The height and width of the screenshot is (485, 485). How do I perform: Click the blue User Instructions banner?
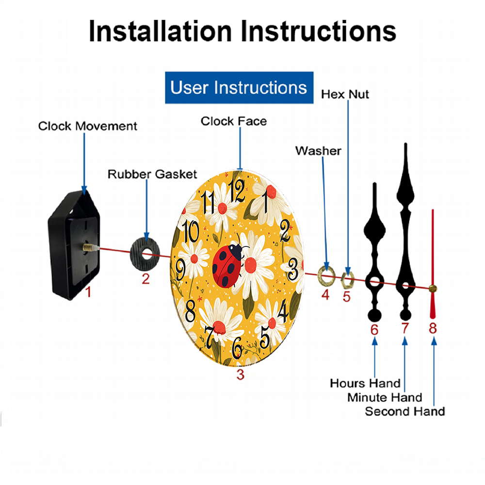(x=239, y=87)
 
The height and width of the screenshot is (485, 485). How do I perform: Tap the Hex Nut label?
(x=345, y=95)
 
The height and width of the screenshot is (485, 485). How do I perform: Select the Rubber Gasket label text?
(x=152, y=174)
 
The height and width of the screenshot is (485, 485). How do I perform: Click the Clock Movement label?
(x=87, y=126)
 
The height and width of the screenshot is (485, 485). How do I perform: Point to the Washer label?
(x=318, y=151)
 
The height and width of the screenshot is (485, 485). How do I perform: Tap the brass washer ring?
(x=326, y=275)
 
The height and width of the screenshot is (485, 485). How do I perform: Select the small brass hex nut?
(x=347, y=280)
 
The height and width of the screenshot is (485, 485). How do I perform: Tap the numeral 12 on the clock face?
(x=237, y=191)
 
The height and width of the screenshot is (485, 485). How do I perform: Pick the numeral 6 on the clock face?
(x=237, y=347)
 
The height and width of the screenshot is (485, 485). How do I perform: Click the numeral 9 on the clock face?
(x=180, y=269)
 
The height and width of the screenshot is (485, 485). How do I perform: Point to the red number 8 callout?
(x=433, y=328)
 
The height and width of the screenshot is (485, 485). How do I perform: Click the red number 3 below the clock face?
(x=241, y=375)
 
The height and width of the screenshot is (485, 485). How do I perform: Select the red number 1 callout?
(x=88, y=292)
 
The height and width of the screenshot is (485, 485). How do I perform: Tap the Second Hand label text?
(x=405, y=411)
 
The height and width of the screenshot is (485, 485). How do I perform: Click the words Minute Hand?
(x=385, y=398)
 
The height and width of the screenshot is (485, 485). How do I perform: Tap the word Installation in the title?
(x=160, y=31)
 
